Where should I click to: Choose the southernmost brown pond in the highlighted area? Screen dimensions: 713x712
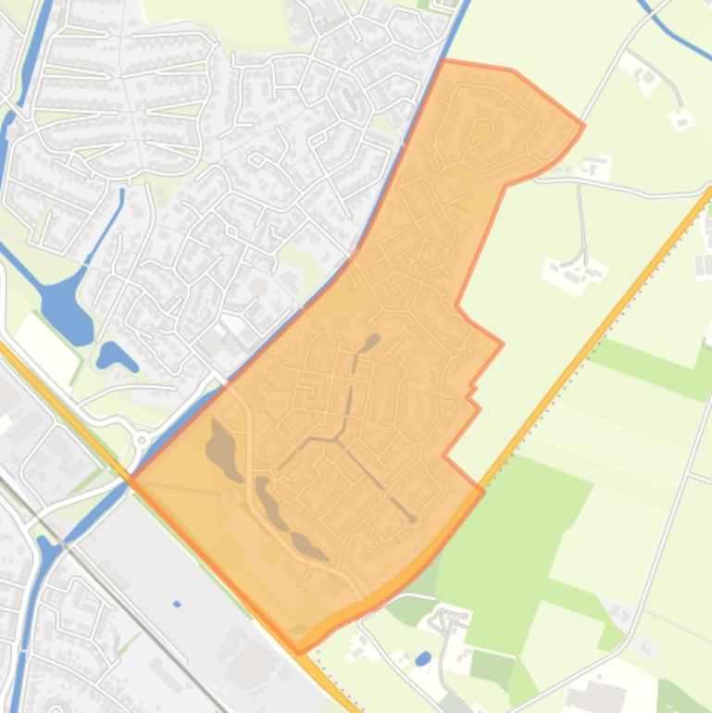tap(310, 546)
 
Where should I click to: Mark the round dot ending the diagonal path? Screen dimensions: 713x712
tap(412, 519)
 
